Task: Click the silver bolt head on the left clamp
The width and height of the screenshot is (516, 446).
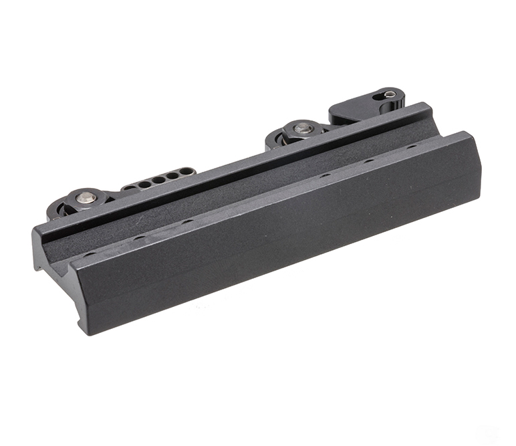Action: pyautogui.click(x=86, y=197)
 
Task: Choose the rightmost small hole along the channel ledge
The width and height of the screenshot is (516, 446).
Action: pyautogui.click(x=412, y=146)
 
